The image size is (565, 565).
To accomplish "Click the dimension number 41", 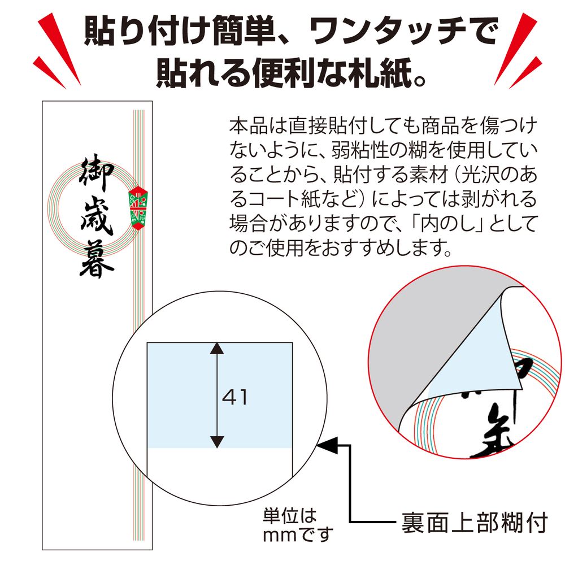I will pyautogui.click(x=235, y=397).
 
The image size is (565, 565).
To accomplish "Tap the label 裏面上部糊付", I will pyautogui.click(x=474, y=523).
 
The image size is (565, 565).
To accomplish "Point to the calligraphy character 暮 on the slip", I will pyautogui.click(x=97, y=260).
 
